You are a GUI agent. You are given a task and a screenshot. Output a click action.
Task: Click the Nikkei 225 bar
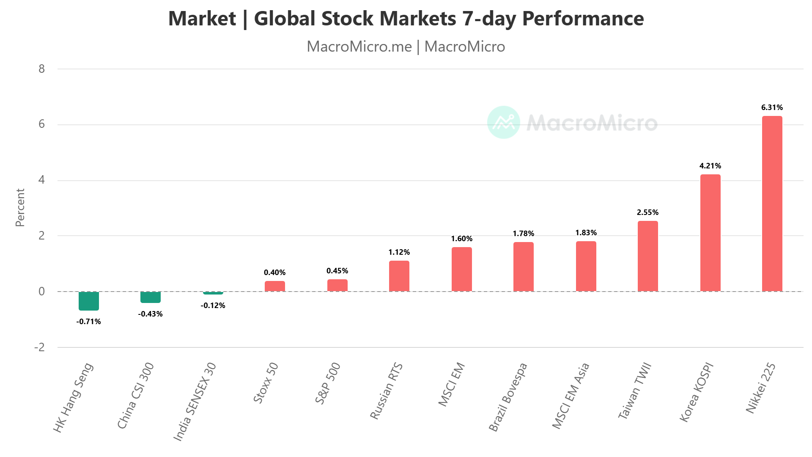click(x=772, y=204)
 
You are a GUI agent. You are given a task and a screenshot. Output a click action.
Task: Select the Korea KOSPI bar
click(x=710, y=233)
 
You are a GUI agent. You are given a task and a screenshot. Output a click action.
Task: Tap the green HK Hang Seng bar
click(x=89, y=301)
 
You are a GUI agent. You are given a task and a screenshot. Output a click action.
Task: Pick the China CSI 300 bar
click(x=151, y=297)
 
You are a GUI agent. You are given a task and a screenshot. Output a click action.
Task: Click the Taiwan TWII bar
click(x=647, y=256)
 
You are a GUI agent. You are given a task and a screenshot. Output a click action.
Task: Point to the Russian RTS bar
click(x=399, y=276)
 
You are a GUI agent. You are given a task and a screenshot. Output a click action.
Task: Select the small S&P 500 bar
click(x=337, y=286)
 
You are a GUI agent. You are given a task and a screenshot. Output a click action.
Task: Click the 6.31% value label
click(x=772, y=107)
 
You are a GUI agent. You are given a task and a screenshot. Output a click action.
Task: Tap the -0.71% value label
click(x=89, y=322)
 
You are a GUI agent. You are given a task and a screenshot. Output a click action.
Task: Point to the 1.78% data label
click(x=523, y=234)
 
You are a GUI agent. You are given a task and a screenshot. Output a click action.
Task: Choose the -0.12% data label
click(x=213, y=306)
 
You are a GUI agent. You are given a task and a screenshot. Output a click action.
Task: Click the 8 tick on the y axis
click(x=41, y=69)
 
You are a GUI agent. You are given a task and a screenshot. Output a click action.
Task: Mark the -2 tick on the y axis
click(x=40, y=347)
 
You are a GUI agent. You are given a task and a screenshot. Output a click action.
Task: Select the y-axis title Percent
click(x=20, y=207)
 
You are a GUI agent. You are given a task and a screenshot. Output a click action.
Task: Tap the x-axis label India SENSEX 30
click(x=195, y=402)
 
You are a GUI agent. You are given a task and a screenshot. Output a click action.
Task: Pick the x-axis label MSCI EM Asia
click(x=571, y=396)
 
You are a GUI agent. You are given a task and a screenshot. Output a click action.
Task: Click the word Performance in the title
click(x=583, y=19)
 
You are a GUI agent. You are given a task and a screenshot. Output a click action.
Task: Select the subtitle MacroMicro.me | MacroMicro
click(x=406, y=47)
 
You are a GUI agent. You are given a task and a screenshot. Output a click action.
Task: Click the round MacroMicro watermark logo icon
click(x=503, y=122)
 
